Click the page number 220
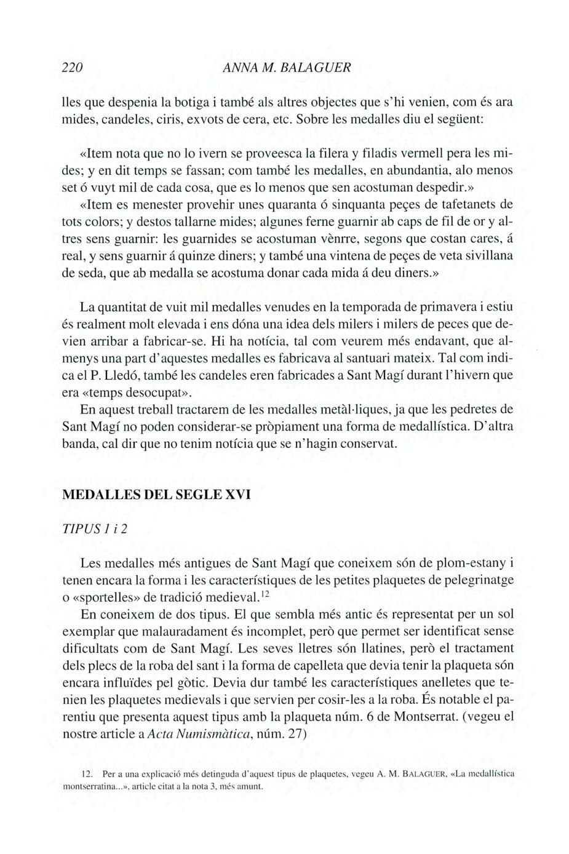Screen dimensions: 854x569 [x=73, y=67]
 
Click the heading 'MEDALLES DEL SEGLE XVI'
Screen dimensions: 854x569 [x=157, y=495]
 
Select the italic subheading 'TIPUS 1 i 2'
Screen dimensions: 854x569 [x=95, y=529]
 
